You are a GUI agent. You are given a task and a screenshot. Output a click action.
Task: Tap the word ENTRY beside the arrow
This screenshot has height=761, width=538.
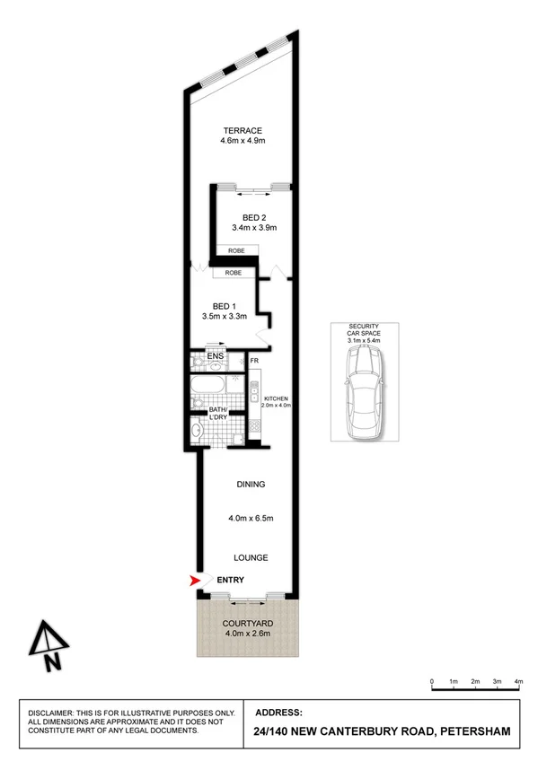click(230, 581)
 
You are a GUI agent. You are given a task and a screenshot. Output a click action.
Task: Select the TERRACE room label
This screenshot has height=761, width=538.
click(243, 130)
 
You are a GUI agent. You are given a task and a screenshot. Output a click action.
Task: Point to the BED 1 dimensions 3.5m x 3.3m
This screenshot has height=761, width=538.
click(225, 317)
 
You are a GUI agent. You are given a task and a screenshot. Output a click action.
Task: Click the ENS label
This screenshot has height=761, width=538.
click(215, 357)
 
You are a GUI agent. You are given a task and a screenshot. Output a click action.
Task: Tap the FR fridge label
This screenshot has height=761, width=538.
click(254, 362)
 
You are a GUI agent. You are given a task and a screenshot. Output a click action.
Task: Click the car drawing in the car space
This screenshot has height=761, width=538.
click(365, 392)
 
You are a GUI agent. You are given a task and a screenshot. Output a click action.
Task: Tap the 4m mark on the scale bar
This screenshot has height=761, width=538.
click(518, 681)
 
